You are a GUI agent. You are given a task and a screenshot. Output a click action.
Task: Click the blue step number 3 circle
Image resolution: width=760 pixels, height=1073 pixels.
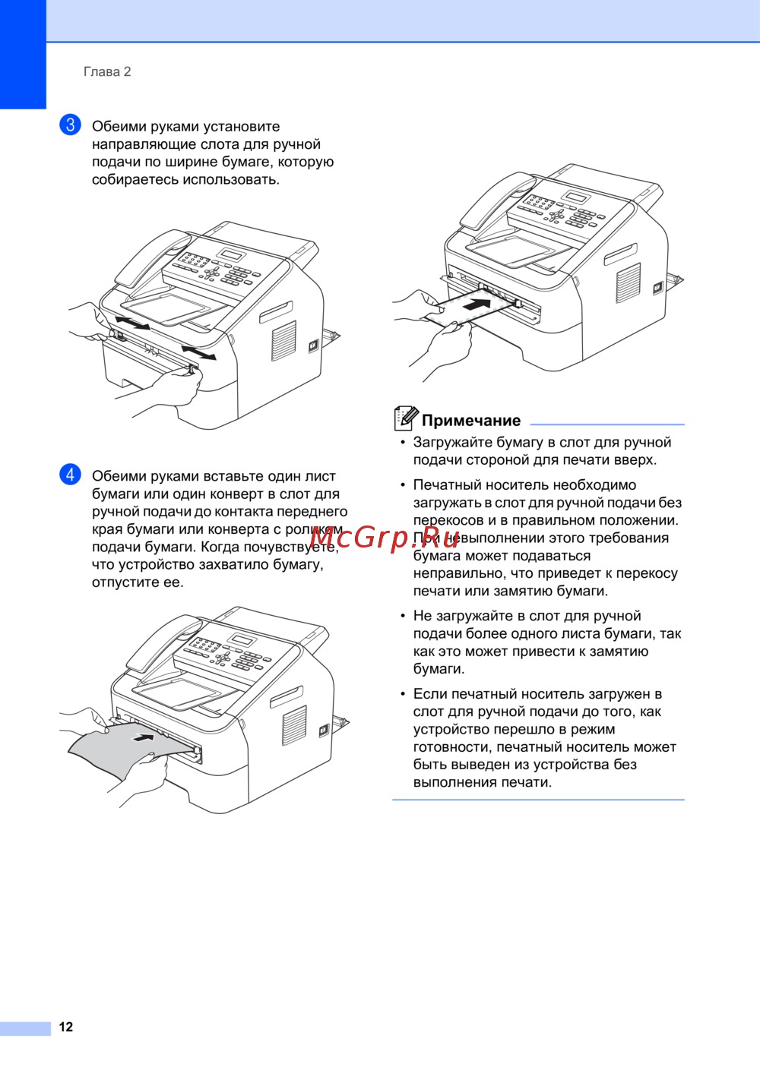point(70,125)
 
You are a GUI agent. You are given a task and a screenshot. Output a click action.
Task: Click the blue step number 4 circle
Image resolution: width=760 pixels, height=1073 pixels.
point(70,474)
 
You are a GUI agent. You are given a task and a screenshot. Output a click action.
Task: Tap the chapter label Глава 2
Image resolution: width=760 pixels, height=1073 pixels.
point(107,72)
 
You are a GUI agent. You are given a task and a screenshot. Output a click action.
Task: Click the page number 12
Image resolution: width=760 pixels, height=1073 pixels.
point(65,1027)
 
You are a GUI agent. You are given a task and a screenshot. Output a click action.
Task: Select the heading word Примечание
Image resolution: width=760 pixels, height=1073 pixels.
point(471,421)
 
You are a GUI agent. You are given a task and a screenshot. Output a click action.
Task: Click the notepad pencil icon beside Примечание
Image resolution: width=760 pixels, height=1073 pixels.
point(406,418)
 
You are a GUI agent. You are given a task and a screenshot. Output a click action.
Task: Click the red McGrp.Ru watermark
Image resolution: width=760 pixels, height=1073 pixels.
point(383,538)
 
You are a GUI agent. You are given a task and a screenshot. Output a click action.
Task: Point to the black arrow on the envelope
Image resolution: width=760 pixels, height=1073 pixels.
point(477,305)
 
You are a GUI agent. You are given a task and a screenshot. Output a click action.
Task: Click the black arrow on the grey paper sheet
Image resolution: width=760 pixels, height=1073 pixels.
point(144,737)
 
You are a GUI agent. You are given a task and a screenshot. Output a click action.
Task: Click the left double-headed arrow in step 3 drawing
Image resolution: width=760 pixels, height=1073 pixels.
point(132,323)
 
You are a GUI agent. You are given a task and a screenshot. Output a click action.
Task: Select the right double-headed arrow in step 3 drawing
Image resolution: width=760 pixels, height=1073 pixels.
point(198,352)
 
